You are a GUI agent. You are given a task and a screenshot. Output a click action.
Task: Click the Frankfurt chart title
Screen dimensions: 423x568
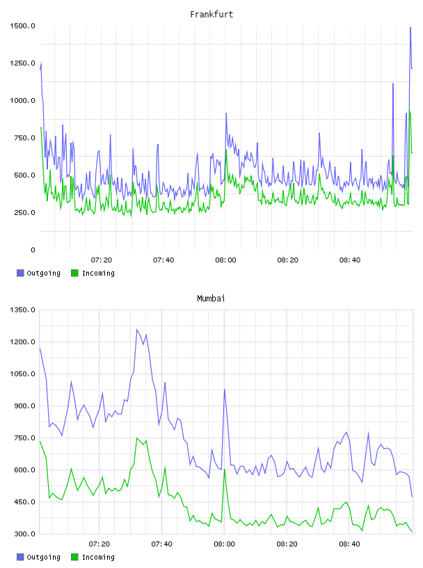pyautogui.click(x=211, y=15)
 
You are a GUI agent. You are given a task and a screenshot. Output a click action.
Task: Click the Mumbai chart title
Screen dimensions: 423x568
pyautogui.click(x=211, y=299)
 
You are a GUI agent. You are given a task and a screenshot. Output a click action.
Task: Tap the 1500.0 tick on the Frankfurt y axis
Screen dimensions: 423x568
pyautogui.click(x=22, y=26)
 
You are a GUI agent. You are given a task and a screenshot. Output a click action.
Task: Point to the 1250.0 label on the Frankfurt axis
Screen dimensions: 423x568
pyautogui.click(x=22, y=63)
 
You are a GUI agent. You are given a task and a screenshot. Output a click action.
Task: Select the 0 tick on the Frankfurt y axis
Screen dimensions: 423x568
pyautogui.click(x=33, y=250)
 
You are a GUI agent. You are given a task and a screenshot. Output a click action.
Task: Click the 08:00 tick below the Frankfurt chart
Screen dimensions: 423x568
pyautogui.click(x=225, y=260)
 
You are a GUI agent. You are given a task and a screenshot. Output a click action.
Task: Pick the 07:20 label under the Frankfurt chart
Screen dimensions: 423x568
pyautogui.click(x=102, y=260)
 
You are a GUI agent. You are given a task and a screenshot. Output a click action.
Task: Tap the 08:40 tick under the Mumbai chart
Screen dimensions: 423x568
pyautogui.click(x=349, y=544)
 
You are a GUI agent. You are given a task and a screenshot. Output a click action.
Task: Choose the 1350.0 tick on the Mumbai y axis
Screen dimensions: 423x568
pyautogui.click(x=22, y=310)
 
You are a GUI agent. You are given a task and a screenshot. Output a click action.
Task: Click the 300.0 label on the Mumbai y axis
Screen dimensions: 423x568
pyautogui.click(x=24, y=534)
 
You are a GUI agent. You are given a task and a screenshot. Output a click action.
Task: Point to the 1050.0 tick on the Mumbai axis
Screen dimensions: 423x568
pyautogui.click(x=22, y=374)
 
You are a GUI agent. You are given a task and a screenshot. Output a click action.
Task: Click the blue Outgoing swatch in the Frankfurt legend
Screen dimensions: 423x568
pyautogui.click(x=20, y=273)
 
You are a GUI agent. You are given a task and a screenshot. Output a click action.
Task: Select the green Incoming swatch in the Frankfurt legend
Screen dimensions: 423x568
pyautogui.click(x=74, y=273)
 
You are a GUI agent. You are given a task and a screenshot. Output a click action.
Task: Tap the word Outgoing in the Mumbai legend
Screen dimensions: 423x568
pyautogui.click(x=43, y=557)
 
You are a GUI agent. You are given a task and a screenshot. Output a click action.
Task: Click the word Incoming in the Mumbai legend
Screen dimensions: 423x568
pyautogui.click(x=98, y=557)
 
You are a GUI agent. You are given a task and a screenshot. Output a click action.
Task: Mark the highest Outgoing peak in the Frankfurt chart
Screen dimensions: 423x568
pyautogui.click(x=410, y=27)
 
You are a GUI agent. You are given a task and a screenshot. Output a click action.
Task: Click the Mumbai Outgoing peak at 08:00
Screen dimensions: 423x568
pyautogui.click(x=225, y=389)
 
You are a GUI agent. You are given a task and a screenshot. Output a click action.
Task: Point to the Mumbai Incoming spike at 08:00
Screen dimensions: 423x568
pyautogui.click(x=225, y=469)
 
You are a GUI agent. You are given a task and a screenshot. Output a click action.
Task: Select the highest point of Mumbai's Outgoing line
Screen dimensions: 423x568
pyautogui.click(x=137, y=329)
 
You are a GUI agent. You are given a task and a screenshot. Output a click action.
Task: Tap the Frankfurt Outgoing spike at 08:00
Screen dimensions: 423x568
pyautogui.click(x=226, y=113)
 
